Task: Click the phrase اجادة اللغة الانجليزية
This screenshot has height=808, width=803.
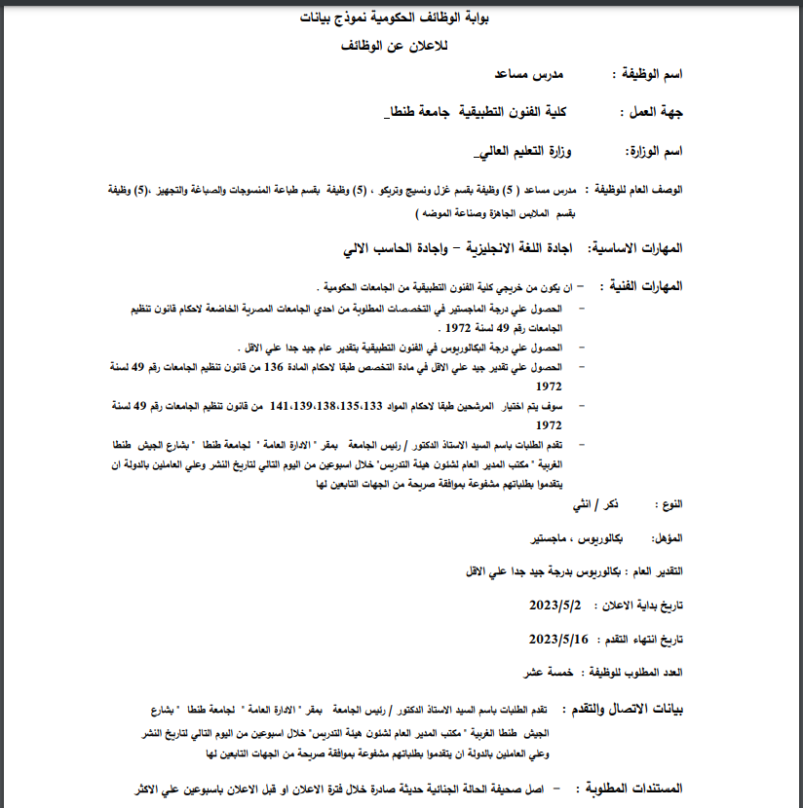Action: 515,249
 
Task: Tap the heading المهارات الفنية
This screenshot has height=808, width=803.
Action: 648,287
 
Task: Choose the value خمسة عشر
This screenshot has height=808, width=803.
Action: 547,673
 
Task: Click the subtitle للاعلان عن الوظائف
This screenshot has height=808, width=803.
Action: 401,45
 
